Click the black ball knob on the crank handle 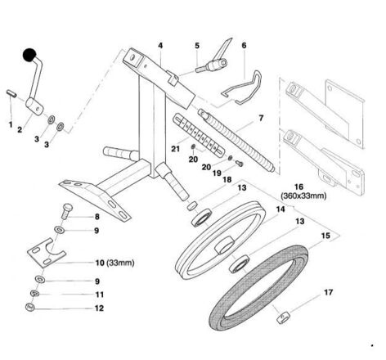point(29,56)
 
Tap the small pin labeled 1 point(11,93)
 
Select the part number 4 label point(160,46)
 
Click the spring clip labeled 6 point(243,88)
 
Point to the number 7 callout point(261,118)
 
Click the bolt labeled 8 point(65,211)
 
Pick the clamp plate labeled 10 point(47,253)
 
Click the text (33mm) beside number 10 point(120,263)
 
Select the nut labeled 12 point(29,307)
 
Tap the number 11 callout point(100,295)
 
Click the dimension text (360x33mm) point(303,196)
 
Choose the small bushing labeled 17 point(284,317)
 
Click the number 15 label point(325,236)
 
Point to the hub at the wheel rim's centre point(225,245)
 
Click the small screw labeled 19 point(239,164)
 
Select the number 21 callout point(175,149)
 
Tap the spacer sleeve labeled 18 point(192,205)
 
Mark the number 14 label point(281,209)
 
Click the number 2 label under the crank point(20,129)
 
